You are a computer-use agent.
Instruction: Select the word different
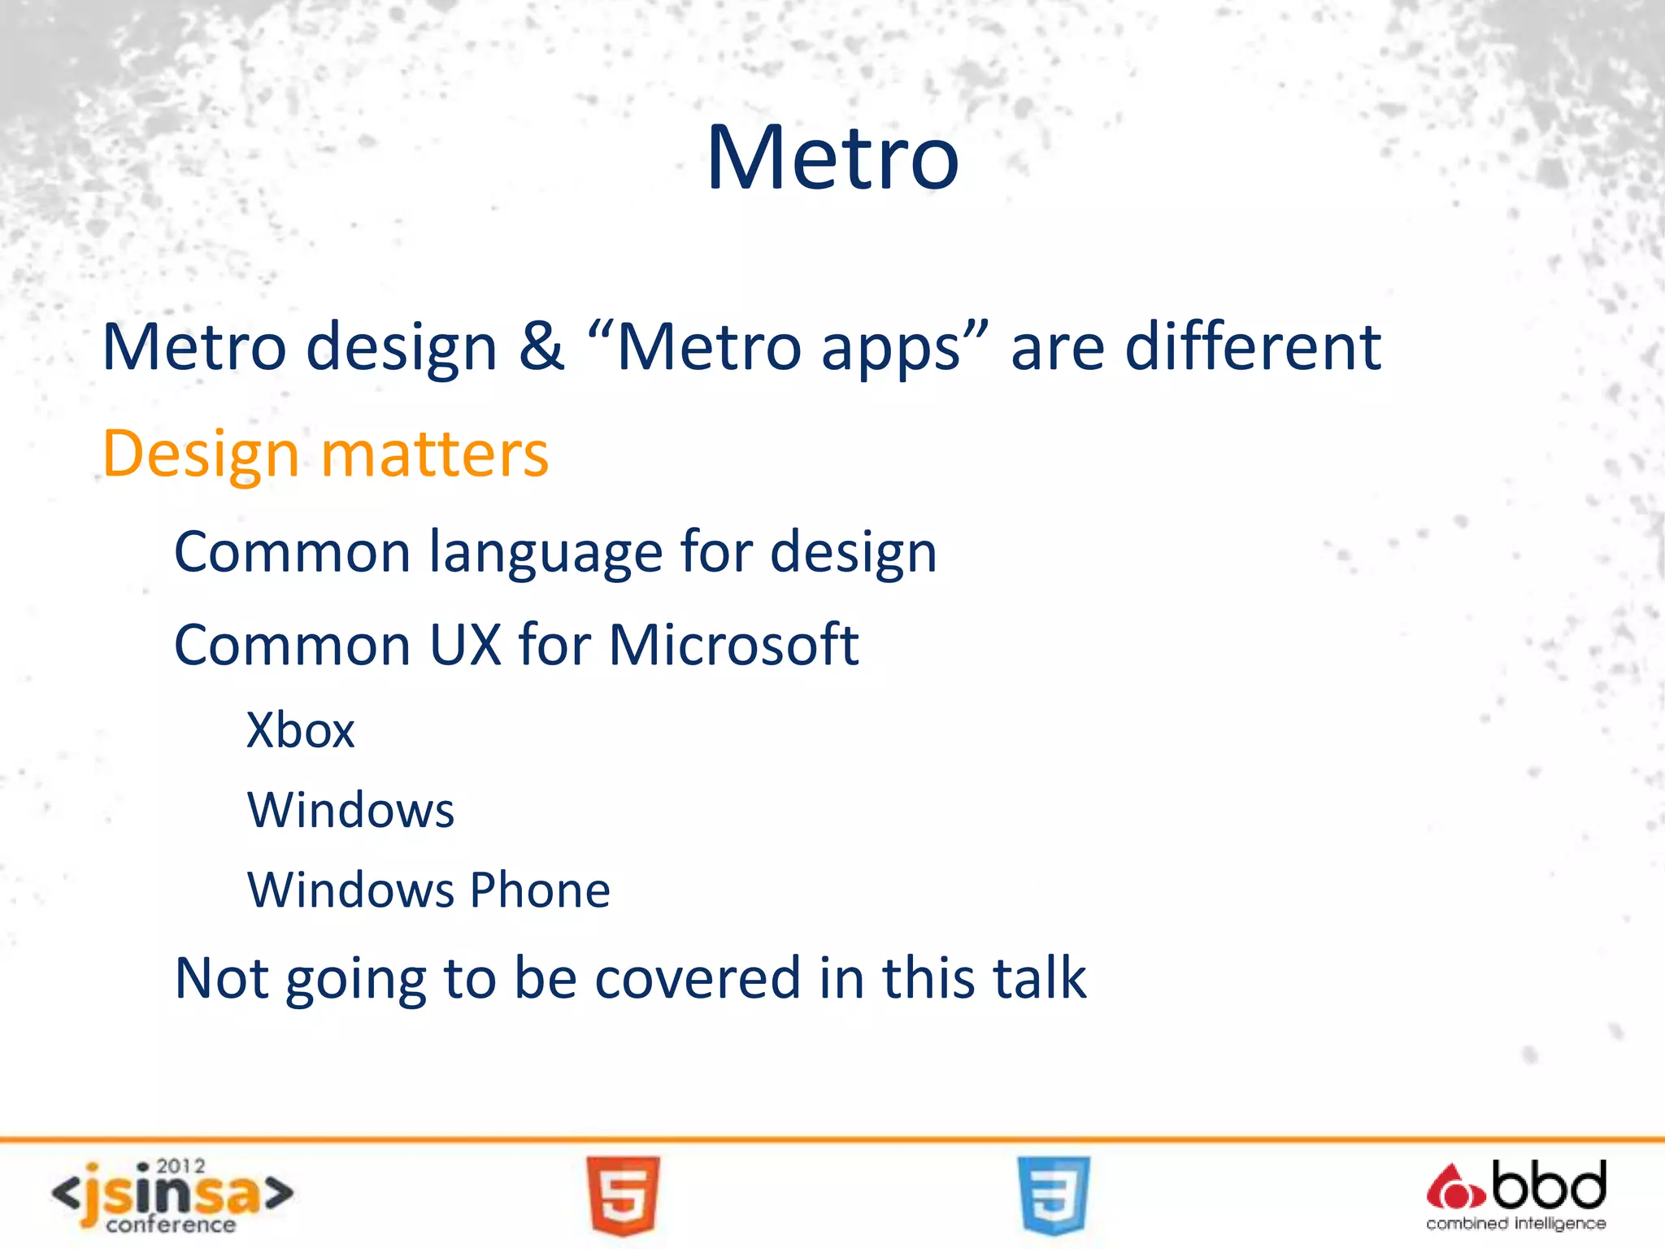pos(1252,346)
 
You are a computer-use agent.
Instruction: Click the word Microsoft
pos(733,645)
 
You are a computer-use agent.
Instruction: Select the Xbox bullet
pos(301,730)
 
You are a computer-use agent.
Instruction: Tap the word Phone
pos(540,890)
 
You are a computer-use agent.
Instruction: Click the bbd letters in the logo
pos(1549,1186)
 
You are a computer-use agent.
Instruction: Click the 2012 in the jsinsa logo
pos(180,1167)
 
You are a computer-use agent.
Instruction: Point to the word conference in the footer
pos(171,1225)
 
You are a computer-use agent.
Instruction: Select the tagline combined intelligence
pos(1515,1223)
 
